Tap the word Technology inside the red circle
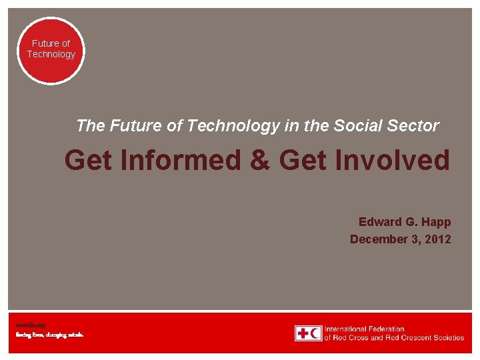[x=51, y=54]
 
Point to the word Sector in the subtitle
[x=417, y=125]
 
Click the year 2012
[x=437, y=239]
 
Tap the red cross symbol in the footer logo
[x=303, y=333]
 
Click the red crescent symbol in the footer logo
[x=315, y=333]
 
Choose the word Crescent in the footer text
[x=404, y=337]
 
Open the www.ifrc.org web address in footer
[x=30, y=325]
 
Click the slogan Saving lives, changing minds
[x=49, y=335]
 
